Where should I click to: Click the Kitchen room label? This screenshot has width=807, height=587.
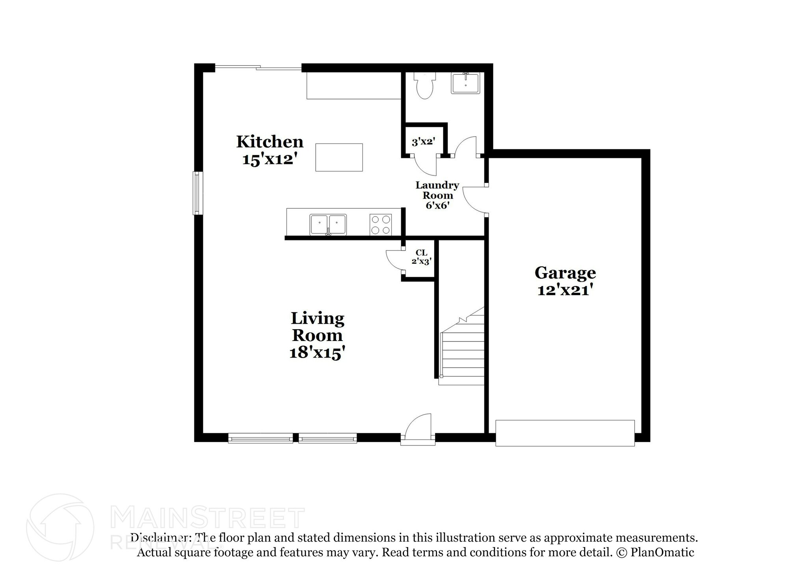click(270, 150)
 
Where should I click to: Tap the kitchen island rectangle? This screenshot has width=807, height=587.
click(339, 157)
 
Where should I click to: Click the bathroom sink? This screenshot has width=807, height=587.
click(465, 84)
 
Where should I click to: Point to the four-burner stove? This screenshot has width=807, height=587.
click(381, 225)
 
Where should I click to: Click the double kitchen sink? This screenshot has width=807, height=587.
click(328, 225)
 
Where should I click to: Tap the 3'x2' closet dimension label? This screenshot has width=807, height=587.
click(423, 142)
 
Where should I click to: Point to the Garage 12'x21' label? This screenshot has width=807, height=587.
click(565, 281)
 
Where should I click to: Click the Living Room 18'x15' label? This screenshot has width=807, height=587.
click(317, 335)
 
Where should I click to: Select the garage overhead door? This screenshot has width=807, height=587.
click(565, 433)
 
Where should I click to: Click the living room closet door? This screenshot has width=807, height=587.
click(394, 260)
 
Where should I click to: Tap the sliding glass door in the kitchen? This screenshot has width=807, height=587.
click(258, 68)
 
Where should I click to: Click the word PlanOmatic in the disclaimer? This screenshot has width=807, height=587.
click(662, 552)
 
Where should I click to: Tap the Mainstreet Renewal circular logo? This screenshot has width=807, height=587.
click(60, 527)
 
